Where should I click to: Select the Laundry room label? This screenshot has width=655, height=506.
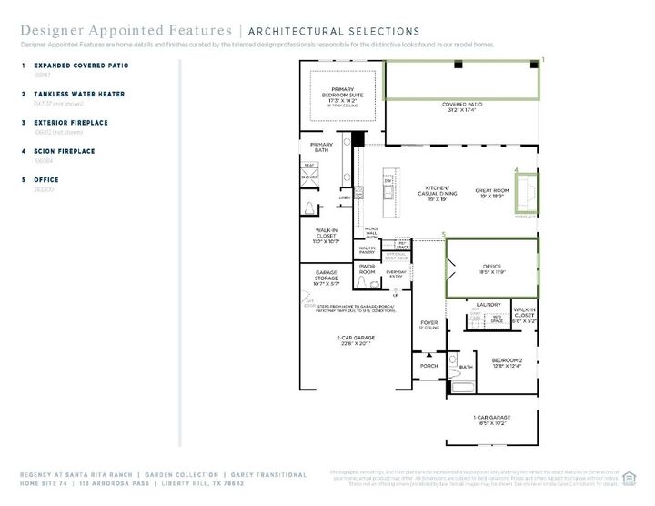(489, 305)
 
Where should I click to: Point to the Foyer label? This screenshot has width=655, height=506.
(428, 323)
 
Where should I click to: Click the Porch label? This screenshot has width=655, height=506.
(428, 366)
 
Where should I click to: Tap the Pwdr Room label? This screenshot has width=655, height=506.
(367, 269)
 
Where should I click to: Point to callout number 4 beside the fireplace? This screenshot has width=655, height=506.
(516, 170)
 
